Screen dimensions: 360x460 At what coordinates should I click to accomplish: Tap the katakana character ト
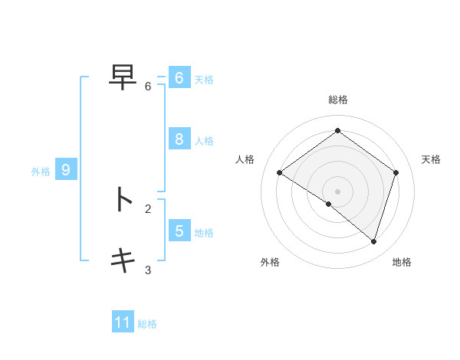coord(123,199)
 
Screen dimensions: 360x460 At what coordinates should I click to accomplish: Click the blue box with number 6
coord(179,78)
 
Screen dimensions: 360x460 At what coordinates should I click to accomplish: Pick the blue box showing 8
coord(179,139)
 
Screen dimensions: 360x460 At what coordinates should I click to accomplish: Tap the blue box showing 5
coord(179,231)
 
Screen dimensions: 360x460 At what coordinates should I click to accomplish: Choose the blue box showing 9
coord(66,170)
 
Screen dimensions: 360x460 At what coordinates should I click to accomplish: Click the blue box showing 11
coord(123,322)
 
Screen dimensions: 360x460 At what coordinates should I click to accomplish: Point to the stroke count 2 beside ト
coord(148,208)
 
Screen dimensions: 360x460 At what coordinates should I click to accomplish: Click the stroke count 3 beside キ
coord(148,270)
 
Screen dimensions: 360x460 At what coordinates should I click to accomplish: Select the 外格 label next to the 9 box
coord(41,172)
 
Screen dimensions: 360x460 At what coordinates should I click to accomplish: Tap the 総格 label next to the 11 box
coord(147,324)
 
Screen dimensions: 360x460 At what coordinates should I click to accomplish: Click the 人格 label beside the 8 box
coord(204,141)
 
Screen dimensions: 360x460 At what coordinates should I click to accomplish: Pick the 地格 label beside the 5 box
coord(204,233)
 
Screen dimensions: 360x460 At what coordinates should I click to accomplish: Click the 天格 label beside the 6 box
coord(204,80)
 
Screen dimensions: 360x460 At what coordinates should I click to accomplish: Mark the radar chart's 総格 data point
coord(337,130)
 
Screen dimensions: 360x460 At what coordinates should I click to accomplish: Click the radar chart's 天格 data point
coord(396,172)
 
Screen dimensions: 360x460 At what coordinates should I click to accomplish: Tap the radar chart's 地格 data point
coord(373,241)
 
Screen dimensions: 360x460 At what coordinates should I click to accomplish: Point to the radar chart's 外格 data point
coord(329,204)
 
